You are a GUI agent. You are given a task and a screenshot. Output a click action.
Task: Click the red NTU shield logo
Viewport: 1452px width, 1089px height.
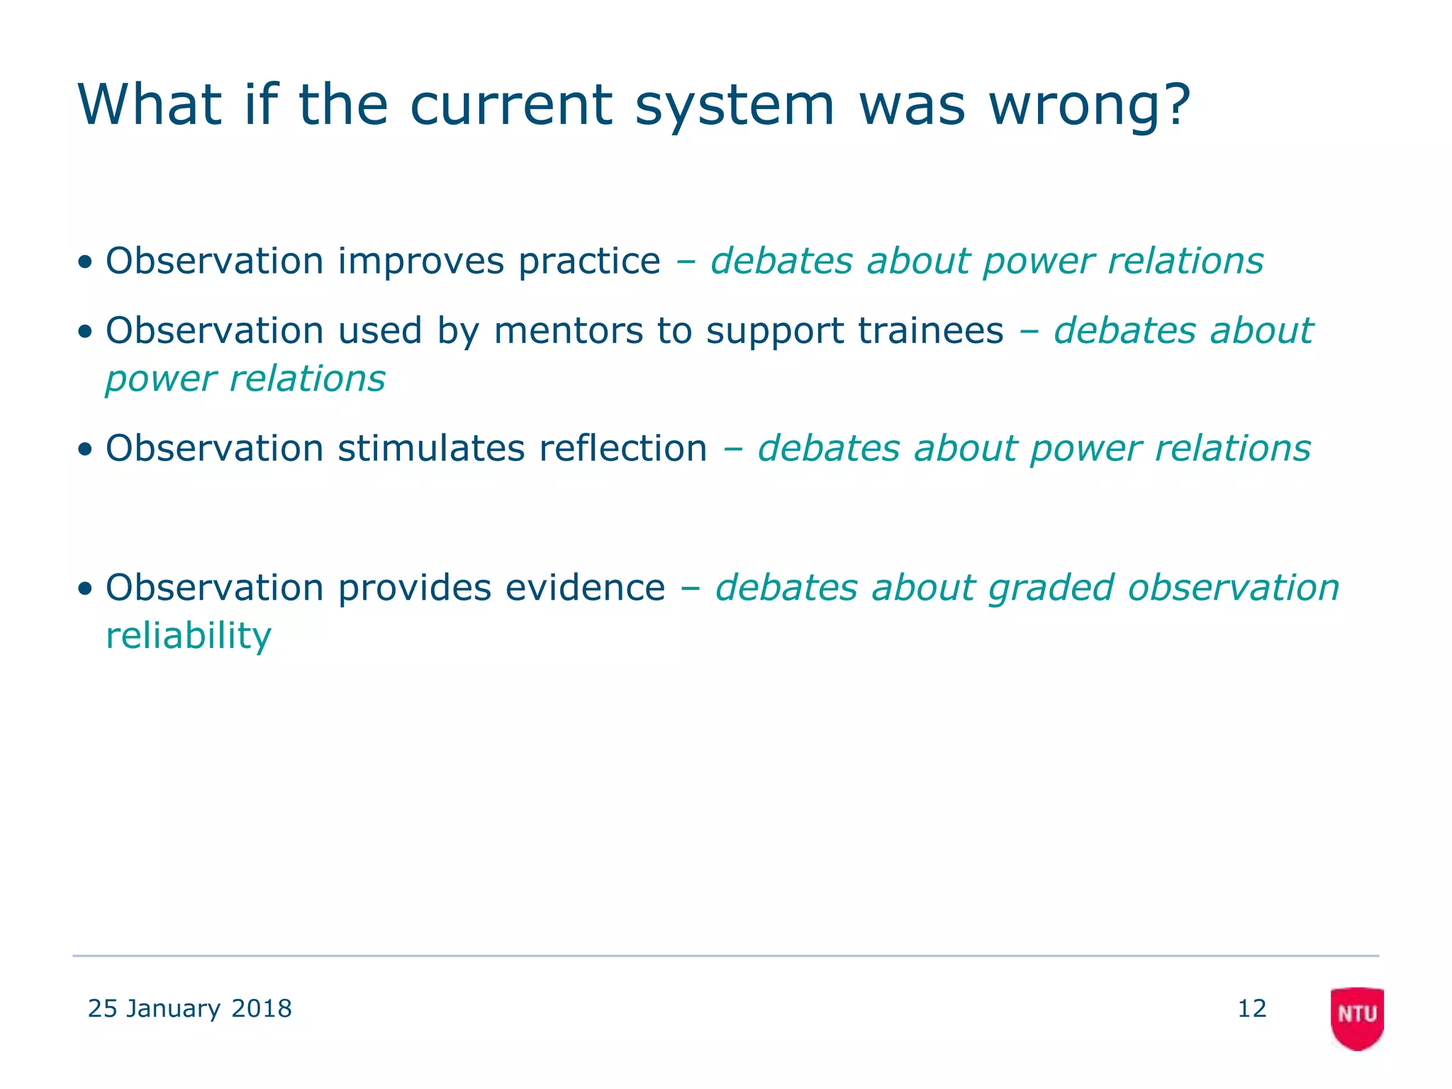pyautogui.click(x=1356, y=1017)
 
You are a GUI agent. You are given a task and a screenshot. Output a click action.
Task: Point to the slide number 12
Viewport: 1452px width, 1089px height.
pyautogui.click(x=1251, y=1008)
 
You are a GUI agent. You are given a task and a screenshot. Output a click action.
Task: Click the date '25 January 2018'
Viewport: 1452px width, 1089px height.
pyautogui.click(x=189, y=1008)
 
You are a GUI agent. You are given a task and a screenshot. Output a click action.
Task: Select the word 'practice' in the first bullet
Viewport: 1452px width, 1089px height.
pyautogui.click(x=589, y=262)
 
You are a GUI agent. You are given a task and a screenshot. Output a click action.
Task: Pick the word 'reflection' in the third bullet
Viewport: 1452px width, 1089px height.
pyautogui.click(x=622, y=449)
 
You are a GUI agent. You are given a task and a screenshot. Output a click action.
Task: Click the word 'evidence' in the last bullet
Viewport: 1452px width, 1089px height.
pyautogui.click(x=585, y=588)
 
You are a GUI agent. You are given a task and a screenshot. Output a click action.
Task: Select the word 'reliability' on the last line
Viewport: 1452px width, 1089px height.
pyautogui.click(x=189, y=636)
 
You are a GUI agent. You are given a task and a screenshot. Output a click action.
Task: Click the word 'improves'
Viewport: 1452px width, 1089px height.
pyautogui.click(x=420, y=262)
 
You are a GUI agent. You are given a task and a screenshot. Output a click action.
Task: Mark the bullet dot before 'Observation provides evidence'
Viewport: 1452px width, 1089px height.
pyautogui.click(x=85, y=589)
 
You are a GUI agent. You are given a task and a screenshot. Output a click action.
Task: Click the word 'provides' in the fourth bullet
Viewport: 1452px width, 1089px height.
pyautogui.click(x=414, y=588)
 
